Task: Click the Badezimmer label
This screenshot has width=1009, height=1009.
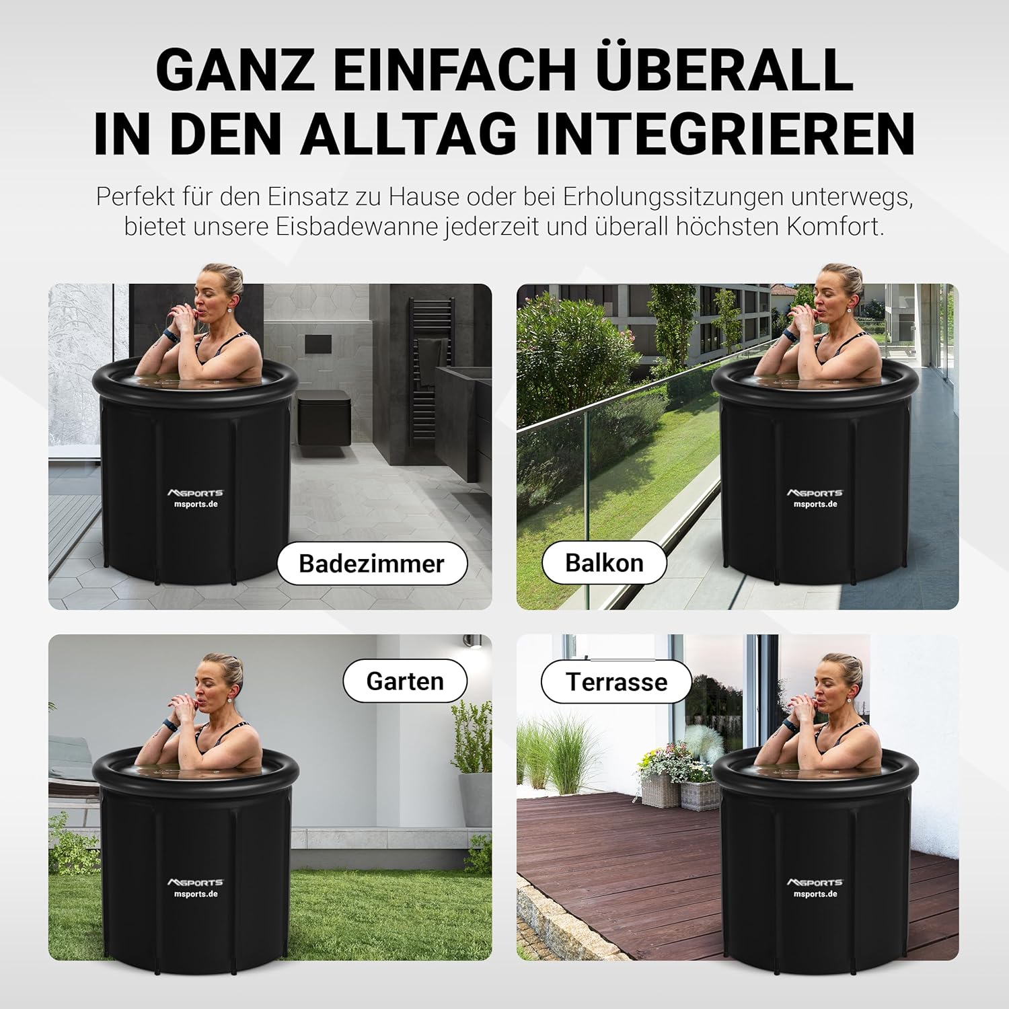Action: coord(372,563)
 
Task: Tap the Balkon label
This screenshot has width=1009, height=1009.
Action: coord(604,562)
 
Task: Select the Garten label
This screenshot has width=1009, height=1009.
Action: coord(405,681)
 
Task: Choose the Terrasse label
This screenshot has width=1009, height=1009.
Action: coord(616,681)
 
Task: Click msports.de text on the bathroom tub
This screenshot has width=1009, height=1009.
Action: coord(195,504)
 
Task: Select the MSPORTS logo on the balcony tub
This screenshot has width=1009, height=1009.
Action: coord(815,493)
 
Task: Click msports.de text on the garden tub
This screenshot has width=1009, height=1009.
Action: coord(195,894)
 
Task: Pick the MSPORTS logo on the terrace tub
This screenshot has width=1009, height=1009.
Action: coord(815,882)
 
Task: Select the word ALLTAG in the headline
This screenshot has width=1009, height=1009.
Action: coord(409,135)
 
